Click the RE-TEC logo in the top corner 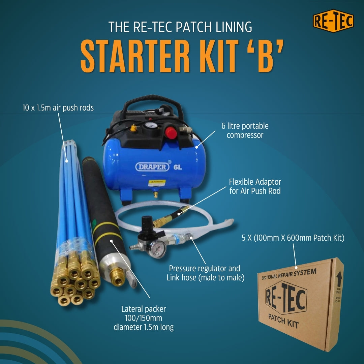pos(333,21)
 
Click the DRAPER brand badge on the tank pos(152,167)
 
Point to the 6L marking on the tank pos(178,167)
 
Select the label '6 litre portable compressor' pos(245,130)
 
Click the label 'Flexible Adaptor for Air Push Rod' pos(255,186)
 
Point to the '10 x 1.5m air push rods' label pos(56,108)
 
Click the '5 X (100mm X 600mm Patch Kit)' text pos(293,238)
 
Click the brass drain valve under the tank pos(156,194)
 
